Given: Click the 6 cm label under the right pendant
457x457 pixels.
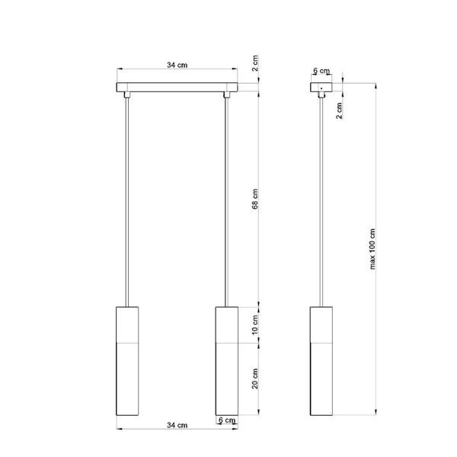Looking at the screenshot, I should point(226,420).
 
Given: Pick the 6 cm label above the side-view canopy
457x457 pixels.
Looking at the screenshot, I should point(321,71).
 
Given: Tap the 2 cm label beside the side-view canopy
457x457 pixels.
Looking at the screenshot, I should point(339,112).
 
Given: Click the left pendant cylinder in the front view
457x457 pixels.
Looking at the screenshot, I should point(126,362).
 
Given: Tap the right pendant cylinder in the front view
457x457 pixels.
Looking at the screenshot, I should point(226,362).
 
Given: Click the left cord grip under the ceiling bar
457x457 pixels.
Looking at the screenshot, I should point(126,96).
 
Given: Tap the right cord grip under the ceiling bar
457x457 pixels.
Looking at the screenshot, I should point(226,96).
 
